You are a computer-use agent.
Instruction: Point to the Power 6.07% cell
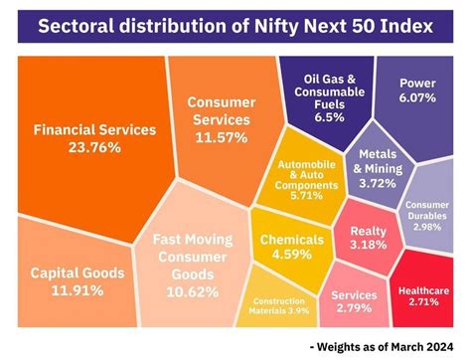point(417,92)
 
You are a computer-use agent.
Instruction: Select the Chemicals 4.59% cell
point(291,247)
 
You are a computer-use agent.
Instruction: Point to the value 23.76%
point(94,148)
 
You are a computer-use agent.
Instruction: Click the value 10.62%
point(192,291)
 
